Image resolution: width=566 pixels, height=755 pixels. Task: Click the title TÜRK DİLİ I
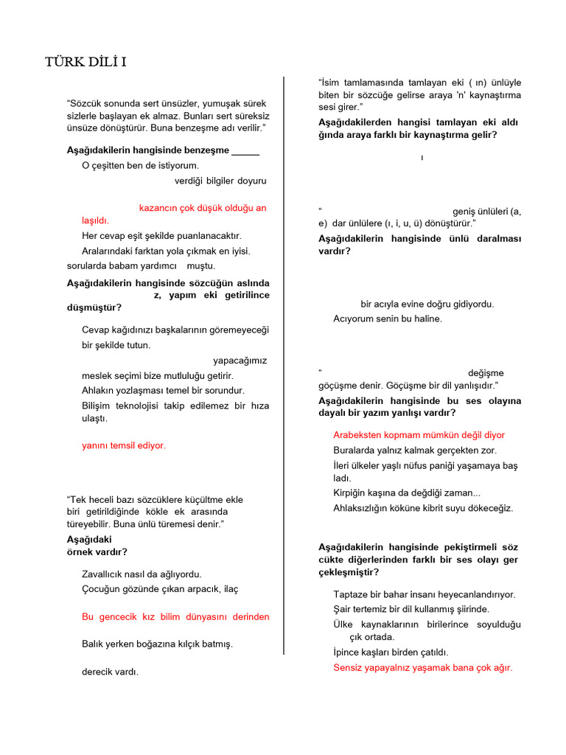(x=85, y=62)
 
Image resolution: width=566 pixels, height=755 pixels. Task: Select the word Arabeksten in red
(x=357, y=435)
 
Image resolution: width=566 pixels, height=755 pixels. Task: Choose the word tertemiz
(x=375, y=609)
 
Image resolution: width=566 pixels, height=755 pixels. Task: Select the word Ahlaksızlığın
(x=368, y=508)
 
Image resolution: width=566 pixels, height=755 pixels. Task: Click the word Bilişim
(x=98, y=406)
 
